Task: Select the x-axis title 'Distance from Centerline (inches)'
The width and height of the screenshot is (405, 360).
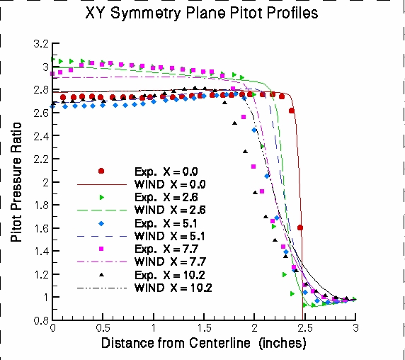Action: (x=204, y=344)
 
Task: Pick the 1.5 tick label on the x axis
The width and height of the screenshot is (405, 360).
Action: (x=204, y=329)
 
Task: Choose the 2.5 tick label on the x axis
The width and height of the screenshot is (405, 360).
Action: (x=304, y=329)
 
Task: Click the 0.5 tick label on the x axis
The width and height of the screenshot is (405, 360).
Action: (x=103, y=329)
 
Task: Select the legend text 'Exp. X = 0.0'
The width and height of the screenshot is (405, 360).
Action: (x=167, y=171)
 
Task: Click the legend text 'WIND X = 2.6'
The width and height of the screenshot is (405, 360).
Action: (x=169, y=210)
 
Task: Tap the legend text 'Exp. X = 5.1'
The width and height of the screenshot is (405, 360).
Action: (x=167, y=223)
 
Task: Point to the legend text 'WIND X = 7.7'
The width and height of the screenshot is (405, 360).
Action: (x=169, y=262)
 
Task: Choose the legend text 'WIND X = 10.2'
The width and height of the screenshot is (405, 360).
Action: (x=172, y=288)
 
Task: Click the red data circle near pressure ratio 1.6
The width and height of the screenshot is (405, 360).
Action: (x=300, y=228)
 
